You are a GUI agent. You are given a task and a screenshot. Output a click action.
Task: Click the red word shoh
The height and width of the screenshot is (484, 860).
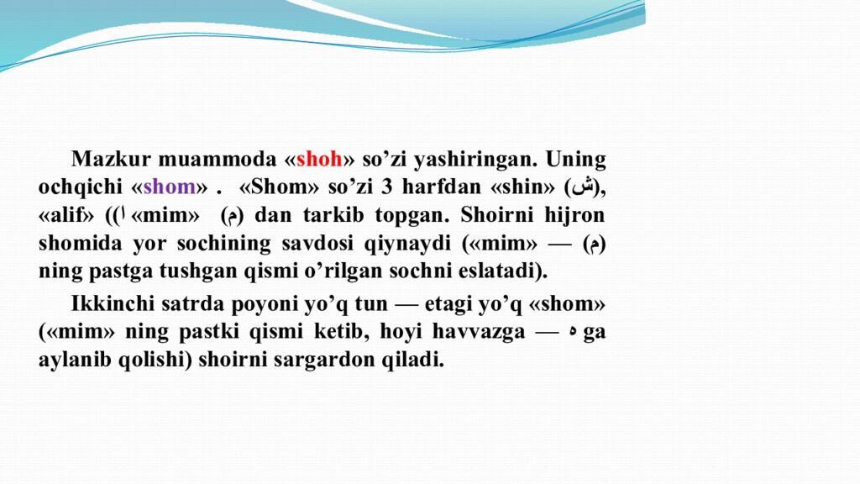[319, 160]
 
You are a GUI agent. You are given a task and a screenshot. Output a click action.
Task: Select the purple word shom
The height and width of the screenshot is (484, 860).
[170, 187]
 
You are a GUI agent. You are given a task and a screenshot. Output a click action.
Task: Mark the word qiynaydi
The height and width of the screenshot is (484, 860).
[411, 244]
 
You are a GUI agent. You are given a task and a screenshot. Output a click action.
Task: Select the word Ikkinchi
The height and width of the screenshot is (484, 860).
[112, 304]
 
